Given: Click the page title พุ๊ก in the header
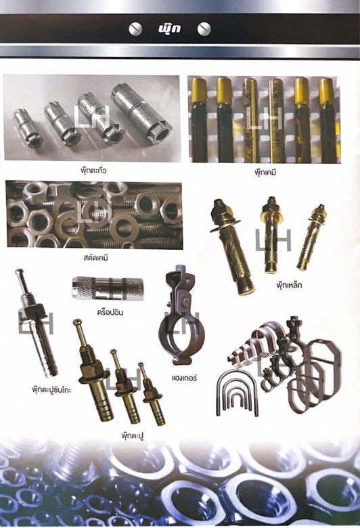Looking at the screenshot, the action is pos(169,28).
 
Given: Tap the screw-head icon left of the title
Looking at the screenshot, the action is pos(136,29).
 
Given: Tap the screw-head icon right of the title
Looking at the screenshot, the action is pos(204,29).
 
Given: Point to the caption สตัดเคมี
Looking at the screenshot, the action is pos(96,259).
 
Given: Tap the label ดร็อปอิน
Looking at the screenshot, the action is pos(110,312).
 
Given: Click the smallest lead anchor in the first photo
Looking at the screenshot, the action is pos(24,125).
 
